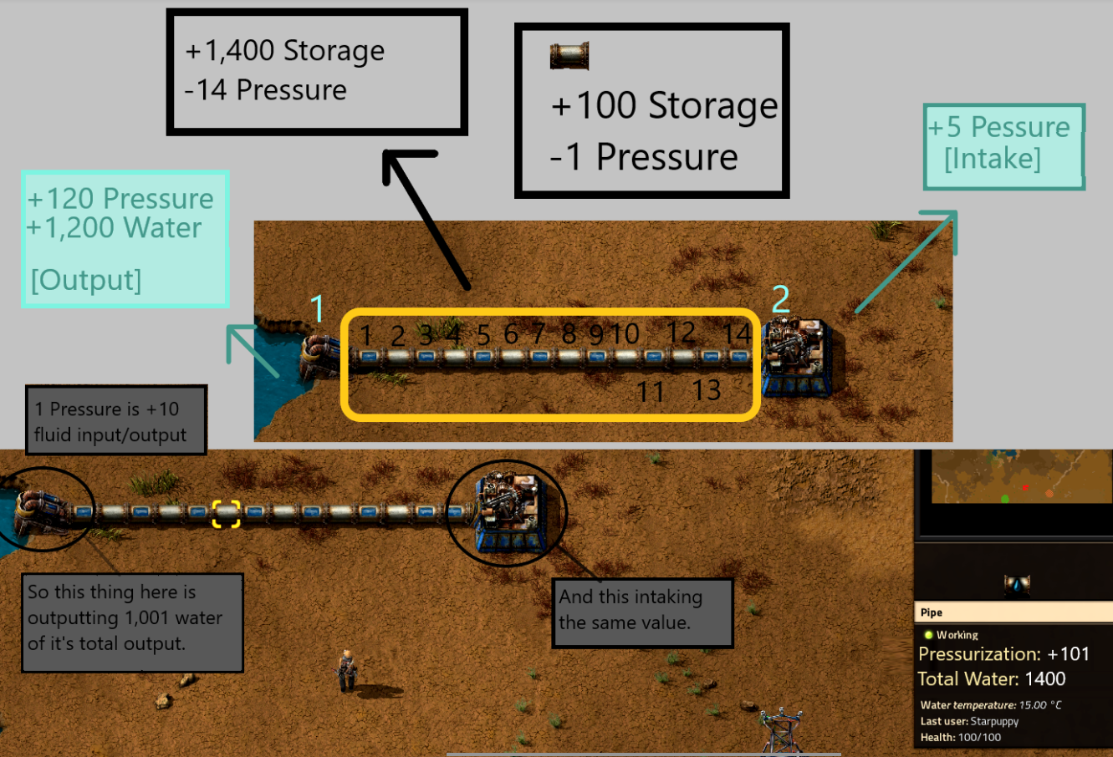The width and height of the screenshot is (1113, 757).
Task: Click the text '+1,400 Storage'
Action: [284, 51]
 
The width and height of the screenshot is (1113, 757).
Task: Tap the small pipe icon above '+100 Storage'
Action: [569, 56]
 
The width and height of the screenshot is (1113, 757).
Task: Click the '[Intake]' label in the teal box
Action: [993, 158]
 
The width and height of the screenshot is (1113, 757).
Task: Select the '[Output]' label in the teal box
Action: [85, 280]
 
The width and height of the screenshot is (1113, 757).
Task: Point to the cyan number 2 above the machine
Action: [780, 299]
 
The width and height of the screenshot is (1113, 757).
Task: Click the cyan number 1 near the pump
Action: [317, 308]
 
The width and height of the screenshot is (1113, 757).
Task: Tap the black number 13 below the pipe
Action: [706, 390]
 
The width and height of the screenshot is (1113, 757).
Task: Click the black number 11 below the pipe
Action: [650, 391]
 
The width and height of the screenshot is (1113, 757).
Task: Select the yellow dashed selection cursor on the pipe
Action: [226, 513]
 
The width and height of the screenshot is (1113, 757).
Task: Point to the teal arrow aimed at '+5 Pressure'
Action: [906, 262]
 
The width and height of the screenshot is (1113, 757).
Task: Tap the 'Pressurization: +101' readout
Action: [1003, 654]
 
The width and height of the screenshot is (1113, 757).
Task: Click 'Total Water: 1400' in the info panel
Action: [991, 678]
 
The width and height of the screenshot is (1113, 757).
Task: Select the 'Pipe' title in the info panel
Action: [932, 612]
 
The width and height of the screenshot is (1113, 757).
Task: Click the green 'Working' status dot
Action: [928, 635]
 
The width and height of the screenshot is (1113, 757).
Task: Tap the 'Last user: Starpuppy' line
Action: [969, 721]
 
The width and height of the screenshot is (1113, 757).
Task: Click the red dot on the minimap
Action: [1026, 488]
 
